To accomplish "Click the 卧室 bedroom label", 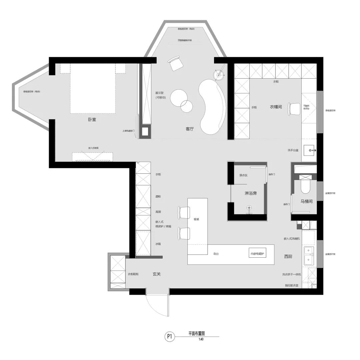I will (x=92, y=119).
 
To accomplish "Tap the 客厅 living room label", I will (x=190, y=129).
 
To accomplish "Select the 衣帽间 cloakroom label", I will (x=276, y=107).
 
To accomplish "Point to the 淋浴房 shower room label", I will (x=250, y=193).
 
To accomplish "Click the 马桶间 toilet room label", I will (x=306, y=201).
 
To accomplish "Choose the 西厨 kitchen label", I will (x=288, y=256).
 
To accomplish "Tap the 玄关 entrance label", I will (x=157, y=274).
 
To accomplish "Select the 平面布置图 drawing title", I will (x=196, y=333).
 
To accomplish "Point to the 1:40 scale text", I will (x=201, y=339).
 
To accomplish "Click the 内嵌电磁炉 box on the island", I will (x=257, y=254).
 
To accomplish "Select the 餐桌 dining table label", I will (x=196, y=219).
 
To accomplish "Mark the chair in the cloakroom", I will (x=295, y=109).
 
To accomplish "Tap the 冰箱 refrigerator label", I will (x=158, y=244).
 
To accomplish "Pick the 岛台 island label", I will (x=216, y=254).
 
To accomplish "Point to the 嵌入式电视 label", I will (x=93, y=148).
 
